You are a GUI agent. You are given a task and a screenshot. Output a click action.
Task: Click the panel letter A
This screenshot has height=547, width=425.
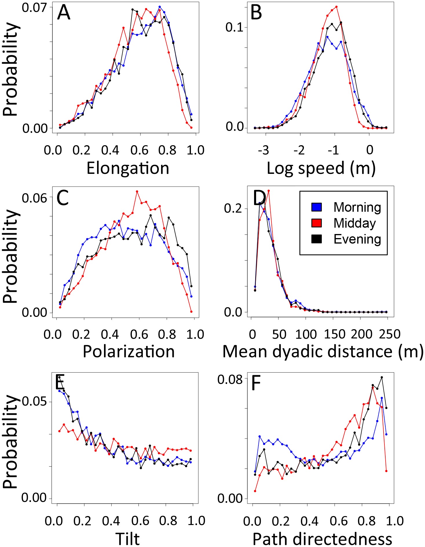pyautogui.click(x=64, y=13)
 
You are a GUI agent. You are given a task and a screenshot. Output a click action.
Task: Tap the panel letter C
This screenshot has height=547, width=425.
pyautogui.click(x=63, y=198)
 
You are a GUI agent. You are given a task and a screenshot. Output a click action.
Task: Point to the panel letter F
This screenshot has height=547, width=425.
pyautogui.click(x=256, y=383)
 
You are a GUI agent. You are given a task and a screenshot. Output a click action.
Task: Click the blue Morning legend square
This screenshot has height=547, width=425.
pyautogui.click(x=317, y=207)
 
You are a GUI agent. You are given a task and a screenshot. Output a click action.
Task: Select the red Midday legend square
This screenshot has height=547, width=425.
pyautogui.click(x=317, y=223)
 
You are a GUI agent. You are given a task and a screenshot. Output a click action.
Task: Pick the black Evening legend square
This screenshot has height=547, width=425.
pyautogui.click(x=317, y=239)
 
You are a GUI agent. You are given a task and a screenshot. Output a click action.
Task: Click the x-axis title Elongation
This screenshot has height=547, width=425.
pyautogui.click(x=128, y=168)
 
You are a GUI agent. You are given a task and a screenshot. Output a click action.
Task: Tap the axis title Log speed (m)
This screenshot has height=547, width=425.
pyautogui.click(x=321, y=168)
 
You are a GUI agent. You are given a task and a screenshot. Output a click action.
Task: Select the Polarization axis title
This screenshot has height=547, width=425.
pyautogui.click(x=129, y=352)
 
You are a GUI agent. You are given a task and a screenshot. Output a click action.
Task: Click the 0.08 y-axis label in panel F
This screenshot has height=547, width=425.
pyautogui.click(x=230, y=380)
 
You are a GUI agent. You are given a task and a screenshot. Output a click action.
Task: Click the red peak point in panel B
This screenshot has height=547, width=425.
pyautogui.click(x=336, y=7)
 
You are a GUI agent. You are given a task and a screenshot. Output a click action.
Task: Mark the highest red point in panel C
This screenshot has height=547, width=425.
pyautogui.click(x=137, y=191)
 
